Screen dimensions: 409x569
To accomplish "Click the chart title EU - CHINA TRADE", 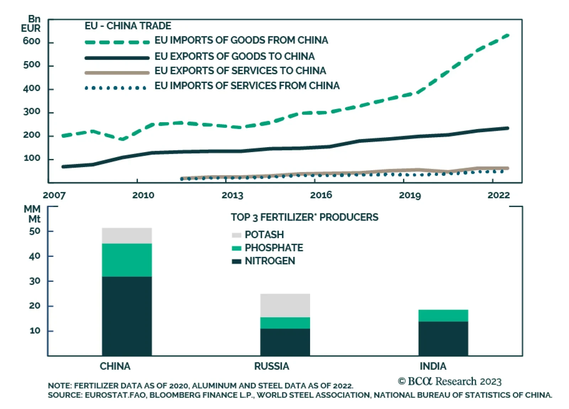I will point(128,26).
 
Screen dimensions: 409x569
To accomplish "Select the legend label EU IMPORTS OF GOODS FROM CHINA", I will point(241,40).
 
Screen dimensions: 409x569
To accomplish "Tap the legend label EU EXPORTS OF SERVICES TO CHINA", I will point(240,71).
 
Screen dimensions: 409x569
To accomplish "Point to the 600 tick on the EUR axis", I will point(32,41).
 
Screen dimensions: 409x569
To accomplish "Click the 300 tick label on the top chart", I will point(32,112).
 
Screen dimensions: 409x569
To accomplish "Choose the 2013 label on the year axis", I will point(232,195).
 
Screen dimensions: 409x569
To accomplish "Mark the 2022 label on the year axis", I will point(498,195).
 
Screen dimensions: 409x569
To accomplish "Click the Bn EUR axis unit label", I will point(31,23).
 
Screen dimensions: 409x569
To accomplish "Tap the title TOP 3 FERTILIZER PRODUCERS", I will point(304,217).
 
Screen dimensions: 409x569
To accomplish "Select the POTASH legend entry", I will point(264,235).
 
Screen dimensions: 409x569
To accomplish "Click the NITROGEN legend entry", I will point(270,261).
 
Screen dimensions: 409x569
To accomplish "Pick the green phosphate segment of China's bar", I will point(127,260).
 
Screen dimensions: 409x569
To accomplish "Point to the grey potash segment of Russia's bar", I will point(285,305).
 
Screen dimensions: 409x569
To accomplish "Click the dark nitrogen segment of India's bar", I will point(443,338).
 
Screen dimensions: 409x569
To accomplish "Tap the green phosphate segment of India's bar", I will point(443,316).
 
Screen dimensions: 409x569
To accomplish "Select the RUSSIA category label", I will point(271,366).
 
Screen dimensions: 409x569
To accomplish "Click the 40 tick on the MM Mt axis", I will point(34,256).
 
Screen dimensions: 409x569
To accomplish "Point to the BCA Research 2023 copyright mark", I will point(450,381).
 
